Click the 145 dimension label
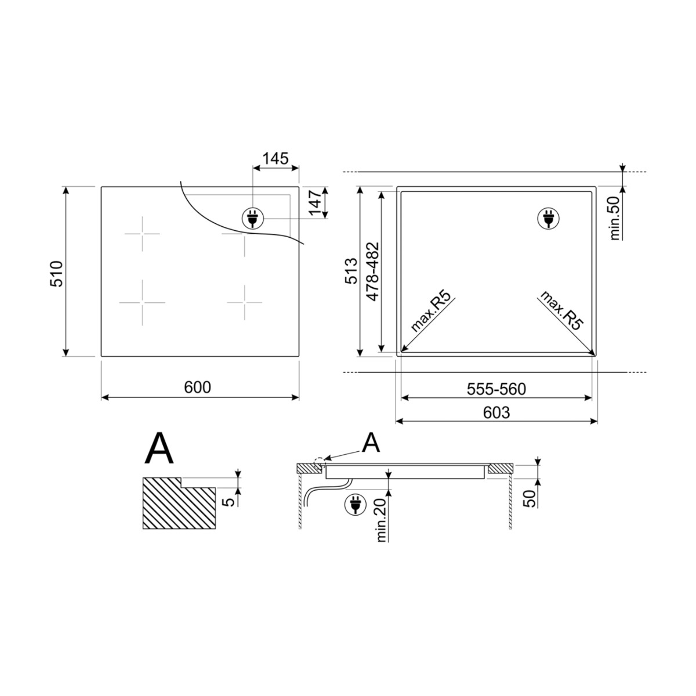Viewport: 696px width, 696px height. tap(275, 158)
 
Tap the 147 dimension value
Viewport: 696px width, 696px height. tap(316, 202)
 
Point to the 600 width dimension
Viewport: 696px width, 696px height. tap(197, 387)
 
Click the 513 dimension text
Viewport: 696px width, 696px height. tap(351, 271)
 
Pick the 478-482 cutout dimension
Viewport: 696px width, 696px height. tap(373, 271)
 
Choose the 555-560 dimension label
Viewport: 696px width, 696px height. tap(496, 389)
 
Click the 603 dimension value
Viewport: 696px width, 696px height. tap(496, 412)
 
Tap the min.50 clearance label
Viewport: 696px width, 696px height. tap(614, 218)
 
